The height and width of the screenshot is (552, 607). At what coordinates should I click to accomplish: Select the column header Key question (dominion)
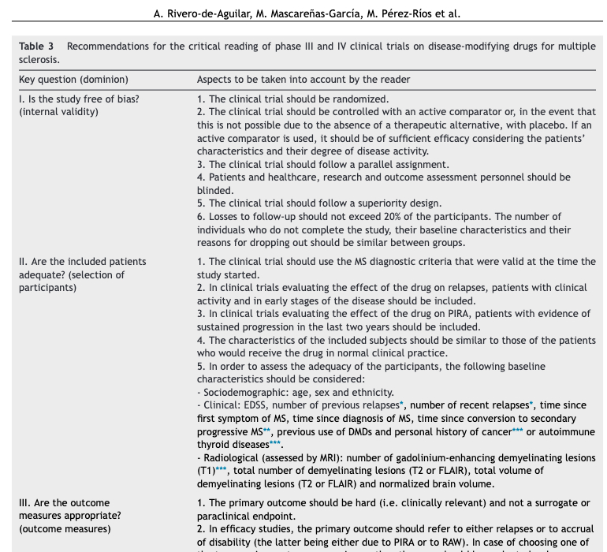point(73,80)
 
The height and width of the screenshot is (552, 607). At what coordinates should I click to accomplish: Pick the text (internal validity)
point(59,112)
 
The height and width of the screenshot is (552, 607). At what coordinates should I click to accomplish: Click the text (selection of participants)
point(72,281)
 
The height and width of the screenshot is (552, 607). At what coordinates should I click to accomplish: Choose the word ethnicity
point(367,392)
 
